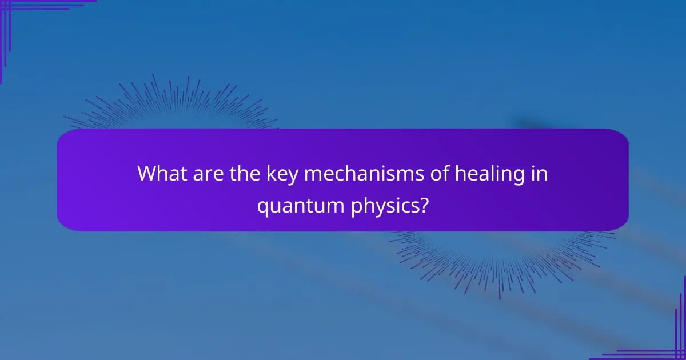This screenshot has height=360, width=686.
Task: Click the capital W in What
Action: click(x=147, y=174)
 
